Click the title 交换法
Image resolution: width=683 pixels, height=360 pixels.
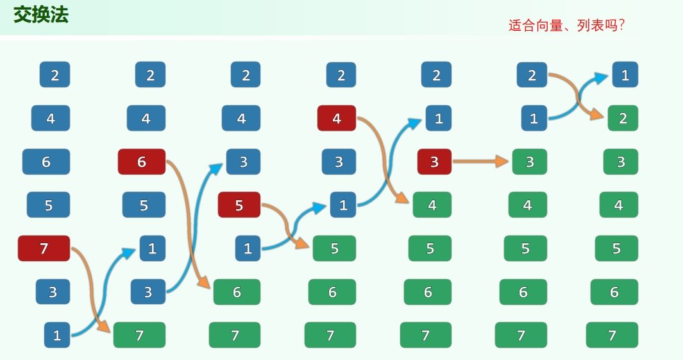click(x=41, y=15)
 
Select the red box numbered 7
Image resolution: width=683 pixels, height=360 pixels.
click(x=44, y=248)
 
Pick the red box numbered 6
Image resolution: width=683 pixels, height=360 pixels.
click(x=142, y=162)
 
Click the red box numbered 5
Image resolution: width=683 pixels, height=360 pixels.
click(x=239, y=205)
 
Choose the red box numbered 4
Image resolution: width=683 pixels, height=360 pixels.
click(x=337, y=118)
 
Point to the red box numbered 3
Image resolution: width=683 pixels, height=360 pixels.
click(x=434, y=162)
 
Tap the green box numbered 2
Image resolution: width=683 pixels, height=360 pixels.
click(x=622, y=118)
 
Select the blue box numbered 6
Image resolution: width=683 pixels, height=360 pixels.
click(x=46, y=162)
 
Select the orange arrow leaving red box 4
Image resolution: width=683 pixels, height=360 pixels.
click(x=384, y=160)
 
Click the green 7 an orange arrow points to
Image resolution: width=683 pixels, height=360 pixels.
click(x=139, y=335)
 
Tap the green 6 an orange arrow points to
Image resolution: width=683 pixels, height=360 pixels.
click(x=237, y=292)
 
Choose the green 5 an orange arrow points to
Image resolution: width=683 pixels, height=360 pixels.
click(x=334, y=248)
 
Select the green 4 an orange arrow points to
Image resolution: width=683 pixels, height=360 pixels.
click(x=432, y=205)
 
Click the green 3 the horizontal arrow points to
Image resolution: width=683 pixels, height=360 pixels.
click(x=530, y=162)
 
